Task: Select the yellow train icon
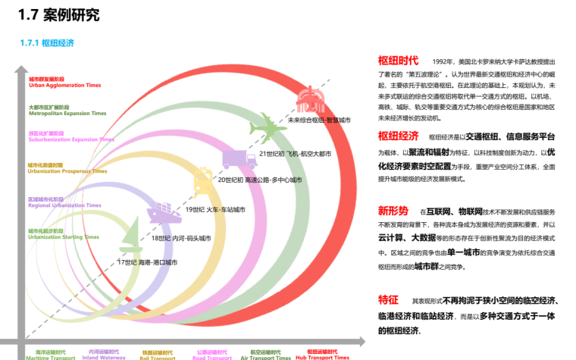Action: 202,180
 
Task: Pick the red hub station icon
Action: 311,99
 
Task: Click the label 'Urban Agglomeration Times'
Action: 64,86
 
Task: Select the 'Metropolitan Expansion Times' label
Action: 67,113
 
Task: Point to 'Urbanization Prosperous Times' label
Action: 65,171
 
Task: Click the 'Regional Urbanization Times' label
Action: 64,205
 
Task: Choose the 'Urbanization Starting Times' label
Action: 64,237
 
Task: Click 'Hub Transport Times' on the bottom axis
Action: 322,357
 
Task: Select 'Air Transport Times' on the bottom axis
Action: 271,357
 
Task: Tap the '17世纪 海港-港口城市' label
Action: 147,262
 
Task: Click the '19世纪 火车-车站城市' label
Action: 215,209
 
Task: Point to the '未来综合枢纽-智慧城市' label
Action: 319,120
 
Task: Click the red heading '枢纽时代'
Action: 398,61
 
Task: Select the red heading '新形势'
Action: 393,211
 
